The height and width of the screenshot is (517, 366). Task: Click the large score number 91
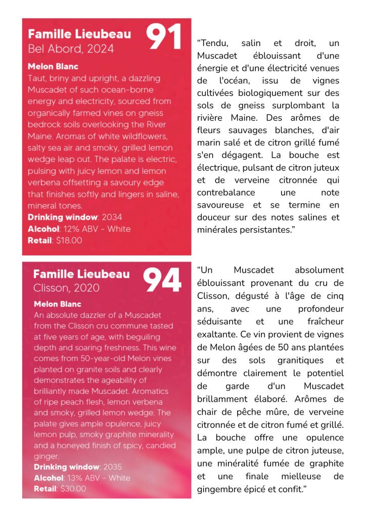(163, 37)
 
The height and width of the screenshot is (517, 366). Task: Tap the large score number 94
(162, 281)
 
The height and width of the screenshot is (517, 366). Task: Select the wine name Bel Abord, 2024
(71, 49)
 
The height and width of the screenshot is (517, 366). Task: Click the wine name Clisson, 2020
(67, 288)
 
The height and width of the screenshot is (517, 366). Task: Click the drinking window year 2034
(112, 217)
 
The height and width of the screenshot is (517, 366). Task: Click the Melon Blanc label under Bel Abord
(53, 67)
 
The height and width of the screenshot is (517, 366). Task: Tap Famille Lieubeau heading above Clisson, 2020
(81, 274)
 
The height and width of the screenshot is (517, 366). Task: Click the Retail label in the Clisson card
(46, 489)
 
